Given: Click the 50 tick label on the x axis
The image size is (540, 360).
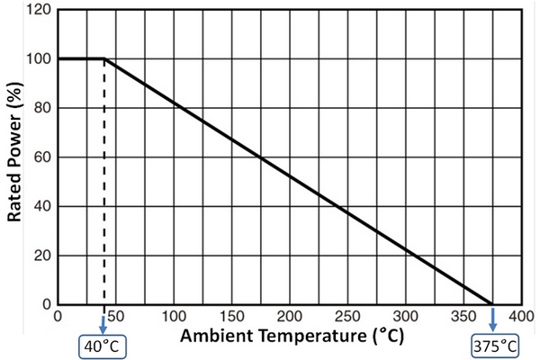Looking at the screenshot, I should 117,317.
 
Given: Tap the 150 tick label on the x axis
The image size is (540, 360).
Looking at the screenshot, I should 230,317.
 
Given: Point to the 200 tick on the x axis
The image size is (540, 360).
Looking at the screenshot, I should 288,317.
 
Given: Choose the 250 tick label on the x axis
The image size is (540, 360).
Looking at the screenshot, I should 346,317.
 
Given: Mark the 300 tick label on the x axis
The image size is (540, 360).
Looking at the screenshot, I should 404,317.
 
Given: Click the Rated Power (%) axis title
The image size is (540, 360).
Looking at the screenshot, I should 15,158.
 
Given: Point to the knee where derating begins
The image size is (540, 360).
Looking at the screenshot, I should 103,59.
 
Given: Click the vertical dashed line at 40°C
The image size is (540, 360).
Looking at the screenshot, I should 103,180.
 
